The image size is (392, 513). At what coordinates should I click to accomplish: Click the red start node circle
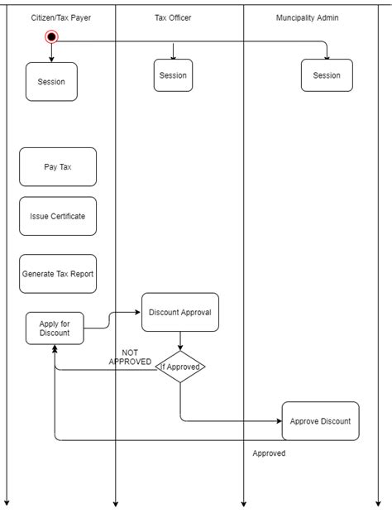click(x=51, y=36)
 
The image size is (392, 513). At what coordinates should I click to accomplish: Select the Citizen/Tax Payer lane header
click(x=61, y=17)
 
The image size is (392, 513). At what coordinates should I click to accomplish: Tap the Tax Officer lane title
click(x=173, y=17)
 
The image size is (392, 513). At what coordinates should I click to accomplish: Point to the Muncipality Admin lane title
click(x=307, y=17)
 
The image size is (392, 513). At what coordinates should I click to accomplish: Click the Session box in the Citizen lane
click(x=51, y=82)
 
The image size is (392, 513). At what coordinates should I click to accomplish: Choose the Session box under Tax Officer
click(x=173, y=75)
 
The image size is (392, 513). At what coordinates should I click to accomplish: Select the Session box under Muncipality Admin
click(x=327, y=75)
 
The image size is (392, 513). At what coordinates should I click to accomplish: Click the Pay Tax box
click(x=58, y=167)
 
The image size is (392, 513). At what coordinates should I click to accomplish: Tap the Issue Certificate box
click(x=58, y=216)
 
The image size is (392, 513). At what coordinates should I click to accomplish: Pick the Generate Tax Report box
click(x=58, y=274)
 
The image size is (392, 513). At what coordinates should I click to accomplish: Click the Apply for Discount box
click(x=55, y=328)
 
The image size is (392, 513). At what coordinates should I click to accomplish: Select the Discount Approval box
click(x=180, y=313)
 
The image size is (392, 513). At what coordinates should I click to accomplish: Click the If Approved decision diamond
click(x=180, y=367)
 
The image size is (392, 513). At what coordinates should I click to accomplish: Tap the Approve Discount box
click(x=320, y=421)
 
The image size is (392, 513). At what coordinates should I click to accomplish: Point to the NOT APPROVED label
click(x=130, y=357)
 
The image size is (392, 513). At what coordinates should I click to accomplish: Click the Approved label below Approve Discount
click(x=269, y=453)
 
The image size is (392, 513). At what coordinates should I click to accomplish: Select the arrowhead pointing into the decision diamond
click(x=180, y=347)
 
